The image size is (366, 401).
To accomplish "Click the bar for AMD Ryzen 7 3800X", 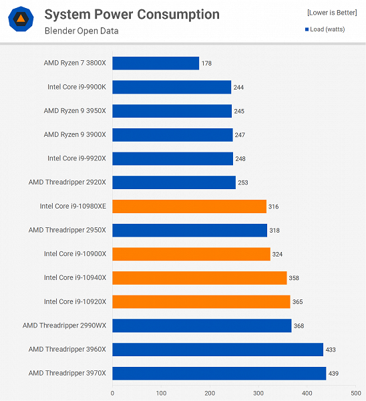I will coord(156,63).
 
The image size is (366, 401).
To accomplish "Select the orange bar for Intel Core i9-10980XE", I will coord(189,207).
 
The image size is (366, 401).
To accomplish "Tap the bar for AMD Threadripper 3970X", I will coord(219,373).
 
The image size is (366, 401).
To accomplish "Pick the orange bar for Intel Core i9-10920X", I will coord(201,301).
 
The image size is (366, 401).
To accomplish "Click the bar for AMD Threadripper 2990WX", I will coord(202,325).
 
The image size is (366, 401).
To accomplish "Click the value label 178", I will coord(207,63).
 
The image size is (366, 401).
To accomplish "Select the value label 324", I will coord(278,254).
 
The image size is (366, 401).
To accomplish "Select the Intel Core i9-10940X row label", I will coord(75,277).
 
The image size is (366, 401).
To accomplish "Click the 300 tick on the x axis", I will coord(258,393).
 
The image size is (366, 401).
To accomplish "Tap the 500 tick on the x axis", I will coord(356,393).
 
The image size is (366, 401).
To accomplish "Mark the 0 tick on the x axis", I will coord(112,393).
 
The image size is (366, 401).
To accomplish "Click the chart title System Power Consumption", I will coord(132,14).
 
